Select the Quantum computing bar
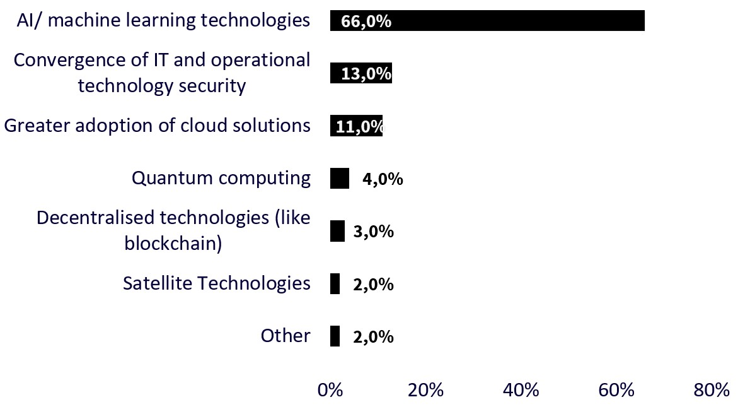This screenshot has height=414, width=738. tap(339, 179)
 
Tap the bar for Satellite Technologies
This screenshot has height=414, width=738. tap(335, 284)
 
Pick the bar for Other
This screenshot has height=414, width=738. tap(335, 336)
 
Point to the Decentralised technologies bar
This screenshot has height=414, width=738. tap(337, 232)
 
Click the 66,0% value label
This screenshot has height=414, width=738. tap(366, 22)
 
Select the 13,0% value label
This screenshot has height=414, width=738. tap(366, 74)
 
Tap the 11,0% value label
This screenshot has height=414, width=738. tap(359, 127)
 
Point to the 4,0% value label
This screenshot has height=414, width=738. tap(383, 179)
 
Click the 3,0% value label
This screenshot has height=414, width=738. tap(374, 232)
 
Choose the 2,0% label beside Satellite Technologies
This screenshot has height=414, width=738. tap(374, 285)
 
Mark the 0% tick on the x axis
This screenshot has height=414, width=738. tap(330, 391)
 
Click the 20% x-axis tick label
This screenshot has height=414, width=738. tap(425, 391)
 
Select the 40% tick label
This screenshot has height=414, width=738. tap(521, 391)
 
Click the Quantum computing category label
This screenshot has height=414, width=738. tap(221, 179)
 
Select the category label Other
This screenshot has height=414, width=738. tap(285, 336)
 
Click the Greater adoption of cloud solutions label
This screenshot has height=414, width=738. tap(157, 126)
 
